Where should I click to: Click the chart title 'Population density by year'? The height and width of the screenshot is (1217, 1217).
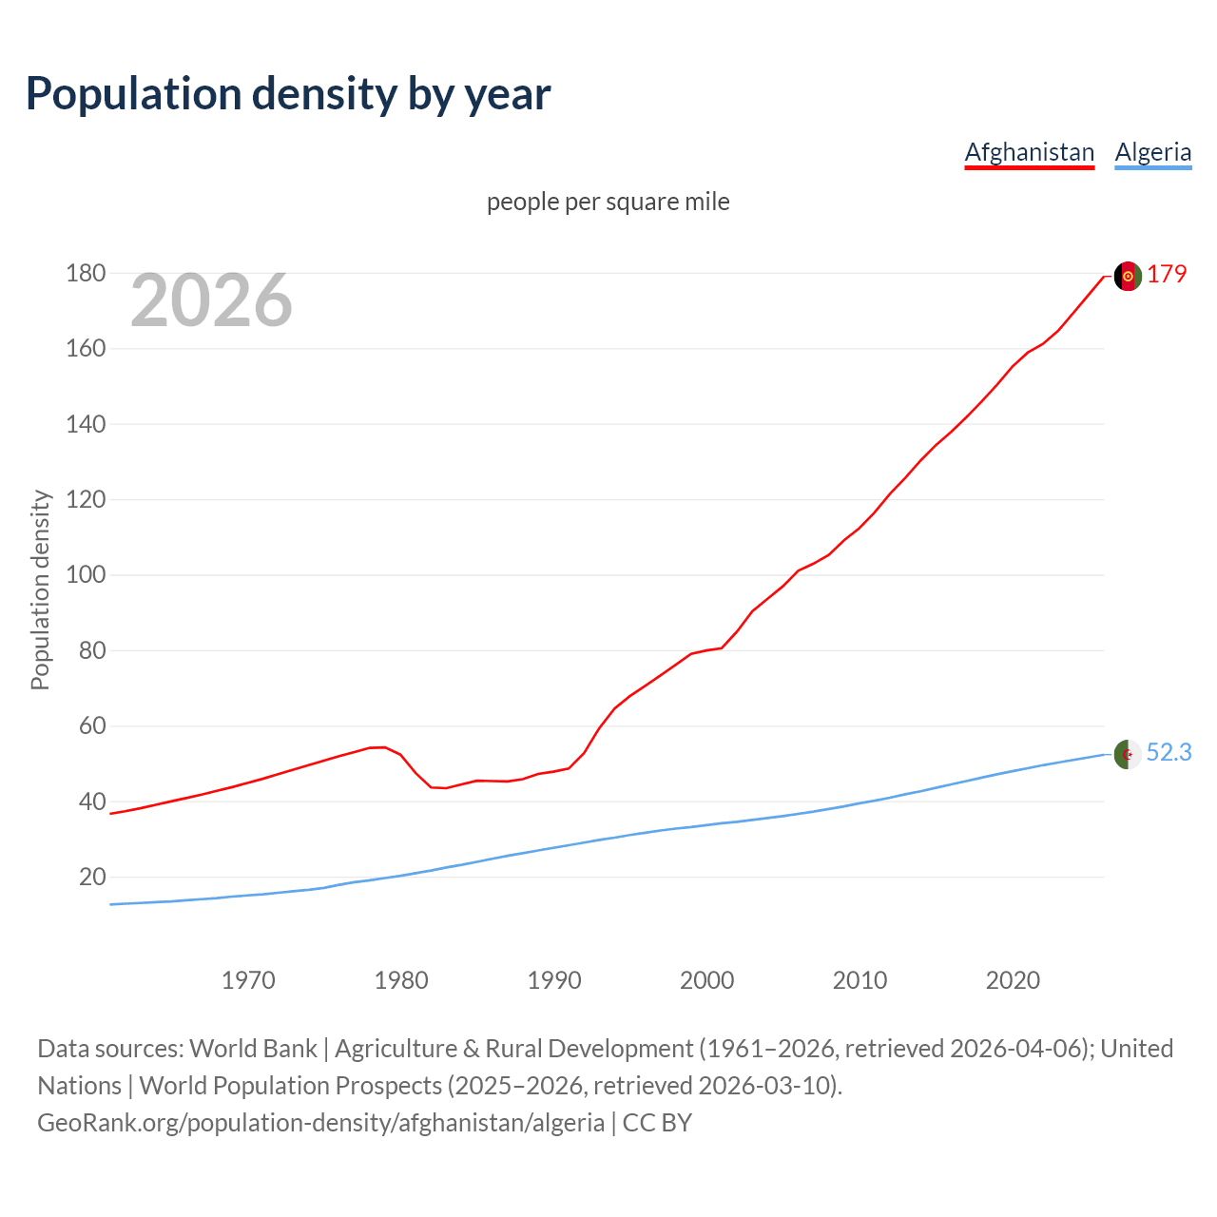pyautogui.click(x=288, y=94)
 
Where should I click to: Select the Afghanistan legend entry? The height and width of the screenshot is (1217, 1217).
pyautogui.click(x=1030, y=152)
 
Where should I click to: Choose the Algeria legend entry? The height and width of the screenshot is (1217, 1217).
pyautogui.click(x=1152, y=152)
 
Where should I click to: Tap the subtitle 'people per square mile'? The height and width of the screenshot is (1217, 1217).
pyautogui.click(x=608, y=203)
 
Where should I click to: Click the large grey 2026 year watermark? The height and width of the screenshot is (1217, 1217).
pyautogui.click(x=211, y=300)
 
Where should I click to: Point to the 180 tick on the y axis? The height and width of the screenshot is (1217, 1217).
pyautogui.click(x=86, y=274)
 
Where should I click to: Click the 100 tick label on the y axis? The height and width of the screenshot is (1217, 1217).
pyautogui.click(x=86, y=575)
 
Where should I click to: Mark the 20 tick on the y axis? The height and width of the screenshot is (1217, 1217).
pyautogui.click(x=92, y=877)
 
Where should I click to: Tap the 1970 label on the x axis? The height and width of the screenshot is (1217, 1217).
pyautogui.click(x=248, y=980)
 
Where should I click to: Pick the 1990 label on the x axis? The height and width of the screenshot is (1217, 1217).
pyautogui.click(x=554, y=980)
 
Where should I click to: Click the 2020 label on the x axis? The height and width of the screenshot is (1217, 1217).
pyautogui.click(x=1013, y=980)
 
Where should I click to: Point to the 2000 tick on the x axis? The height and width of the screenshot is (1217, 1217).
pyautogui.click(x=707, y=980)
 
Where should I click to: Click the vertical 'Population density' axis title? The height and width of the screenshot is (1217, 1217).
pyautogui.click(x=40, y=589)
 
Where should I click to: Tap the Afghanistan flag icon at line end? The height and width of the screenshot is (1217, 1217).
pyautogui.click(x=1128, y=276)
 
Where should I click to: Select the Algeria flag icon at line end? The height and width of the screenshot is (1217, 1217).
pyautogui.click(x=1128, y=754)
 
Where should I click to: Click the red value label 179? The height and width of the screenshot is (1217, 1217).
pyautogui.click(x=1167, y=275)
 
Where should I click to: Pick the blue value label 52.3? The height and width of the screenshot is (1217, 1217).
pyautogui.click(x=1169, y=753)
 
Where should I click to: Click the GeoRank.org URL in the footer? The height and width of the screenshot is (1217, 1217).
pyautogui.click(x=320, y=1123)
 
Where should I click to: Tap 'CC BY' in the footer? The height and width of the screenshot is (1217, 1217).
pyautogui.click(x=657, y=1123)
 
